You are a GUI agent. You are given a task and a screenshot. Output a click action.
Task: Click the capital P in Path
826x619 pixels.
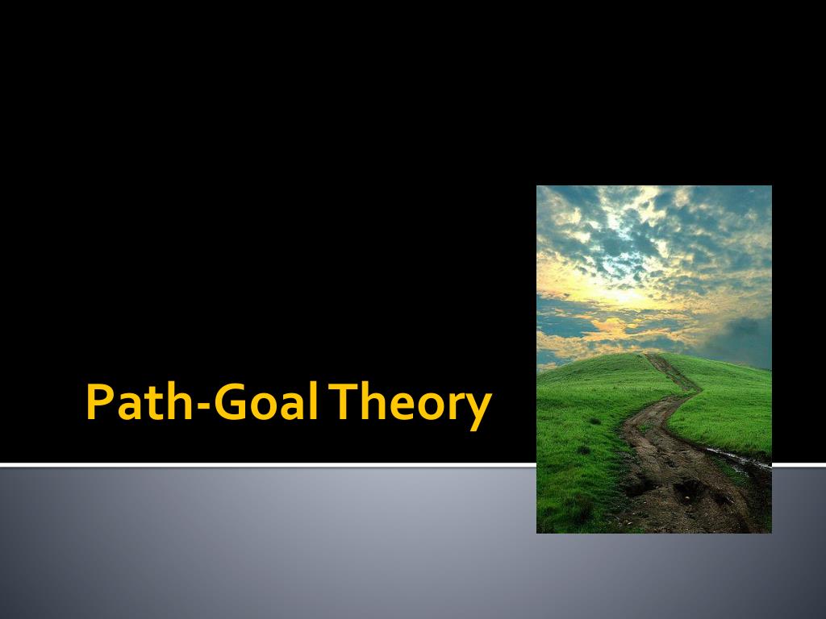coord(98,402)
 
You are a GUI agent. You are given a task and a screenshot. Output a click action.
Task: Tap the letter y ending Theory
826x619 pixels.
coord(478,409)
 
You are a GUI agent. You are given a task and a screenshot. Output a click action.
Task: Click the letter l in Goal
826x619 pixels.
coord(311,401)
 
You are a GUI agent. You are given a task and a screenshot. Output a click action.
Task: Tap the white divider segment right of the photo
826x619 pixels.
coord(799,464)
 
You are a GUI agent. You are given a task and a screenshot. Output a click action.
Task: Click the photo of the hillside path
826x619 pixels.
coord(653,359)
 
